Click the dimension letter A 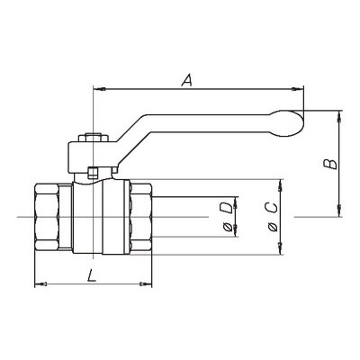click(187, 80)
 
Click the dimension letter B click(330, 164)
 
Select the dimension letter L click(92, 275)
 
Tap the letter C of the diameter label click(271, 208)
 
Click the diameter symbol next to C click(273, 227)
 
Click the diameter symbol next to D click(228, 228)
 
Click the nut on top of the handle click(93, 138)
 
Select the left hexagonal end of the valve click(46, 217)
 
